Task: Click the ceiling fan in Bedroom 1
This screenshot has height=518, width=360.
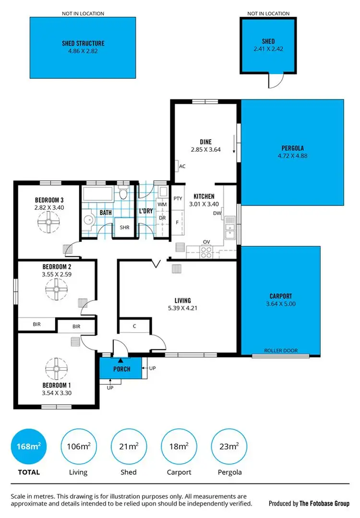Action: [x=57, y=369]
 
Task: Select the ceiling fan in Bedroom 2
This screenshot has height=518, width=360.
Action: [x=57, y=289]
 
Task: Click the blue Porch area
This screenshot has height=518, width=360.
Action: [x=121, y=369]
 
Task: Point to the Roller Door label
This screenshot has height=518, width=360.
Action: [x=281, y=351]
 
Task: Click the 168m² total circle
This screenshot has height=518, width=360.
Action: [x=29, y=447]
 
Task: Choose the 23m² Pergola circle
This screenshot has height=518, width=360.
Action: [x=229, y=447]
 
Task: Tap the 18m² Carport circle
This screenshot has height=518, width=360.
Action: [x=179, y=447]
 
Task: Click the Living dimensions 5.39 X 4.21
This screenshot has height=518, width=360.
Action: [x=182, y=308]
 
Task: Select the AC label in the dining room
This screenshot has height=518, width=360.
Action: [x=182, y=167]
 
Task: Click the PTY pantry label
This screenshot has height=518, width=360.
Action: [x=178, y=198]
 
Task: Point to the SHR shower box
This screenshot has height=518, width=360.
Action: [x=124, y=228]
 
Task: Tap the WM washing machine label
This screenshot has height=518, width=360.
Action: [x=162, y=205]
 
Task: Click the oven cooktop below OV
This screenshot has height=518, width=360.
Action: [x=206, y=250]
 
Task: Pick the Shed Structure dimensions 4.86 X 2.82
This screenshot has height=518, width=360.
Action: [x=83, y=50]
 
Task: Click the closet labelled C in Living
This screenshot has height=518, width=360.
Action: [x=134, y=326]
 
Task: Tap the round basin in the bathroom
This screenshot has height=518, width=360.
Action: [x=88, y=220]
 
